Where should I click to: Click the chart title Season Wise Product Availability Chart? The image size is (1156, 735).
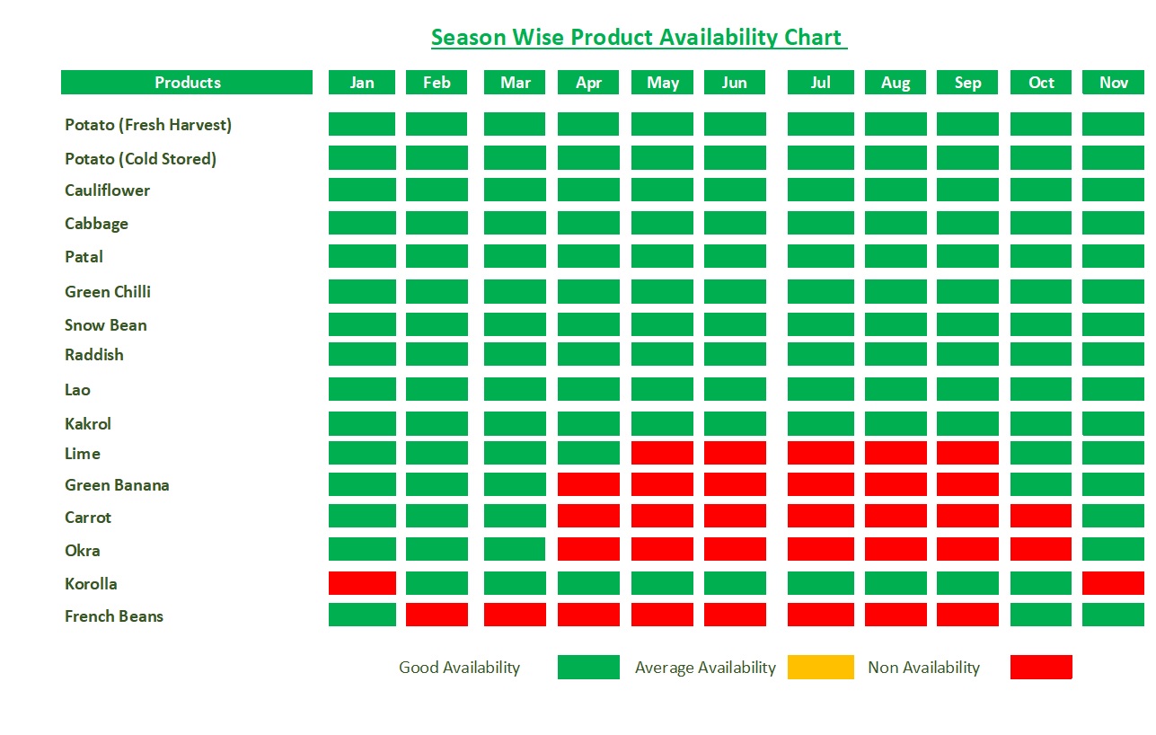(638, 38)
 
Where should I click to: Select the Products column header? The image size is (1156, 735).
(187, 83)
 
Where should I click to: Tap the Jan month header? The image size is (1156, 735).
(362, 83)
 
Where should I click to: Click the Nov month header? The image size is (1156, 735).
(1113, 83)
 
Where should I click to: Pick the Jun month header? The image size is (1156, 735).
(734, 83)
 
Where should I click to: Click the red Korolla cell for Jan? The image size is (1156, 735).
(362, 583)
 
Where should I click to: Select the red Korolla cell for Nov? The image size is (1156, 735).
(1113, 583)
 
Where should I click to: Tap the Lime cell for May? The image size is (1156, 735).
(662, 453)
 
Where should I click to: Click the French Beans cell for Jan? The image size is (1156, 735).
(362, 615)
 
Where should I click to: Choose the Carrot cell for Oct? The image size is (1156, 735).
(1040, 516)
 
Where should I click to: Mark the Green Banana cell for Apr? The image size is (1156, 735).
(588, 484)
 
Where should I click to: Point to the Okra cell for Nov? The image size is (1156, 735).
(1113, 549)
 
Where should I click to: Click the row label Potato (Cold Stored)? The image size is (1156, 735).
(140, 159)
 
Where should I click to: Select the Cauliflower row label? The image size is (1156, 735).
(107, 190)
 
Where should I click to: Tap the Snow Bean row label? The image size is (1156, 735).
(105, 325)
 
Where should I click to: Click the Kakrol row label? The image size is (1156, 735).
(88, 424)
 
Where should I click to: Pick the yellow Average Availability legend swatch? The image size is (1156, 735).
(820, 667)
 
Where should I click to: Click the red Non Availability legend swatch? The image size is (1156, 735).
(1040, 667)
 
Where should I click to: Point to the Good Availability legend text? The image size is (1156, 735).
(459, 668)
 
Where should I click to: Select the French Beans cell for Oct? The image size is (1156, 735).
(1040, 615)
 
